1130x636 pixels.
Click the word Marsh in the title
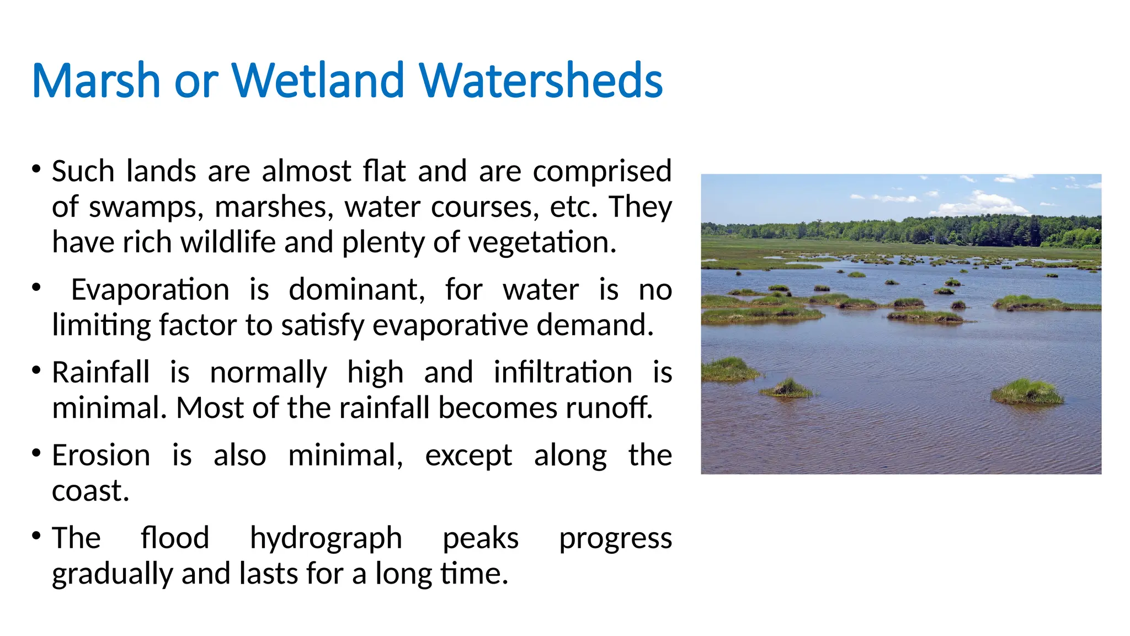[96, 81]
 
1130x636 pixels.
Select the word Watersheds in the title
[541, 81]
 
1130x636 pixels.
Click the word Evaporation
[150, 290]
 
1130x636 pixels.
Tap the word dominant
[356, 290]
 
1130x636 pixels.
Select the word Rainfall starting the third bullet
[100, 373]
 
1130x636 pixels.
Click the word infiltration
[563, 373]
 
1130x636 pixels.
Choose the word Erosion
[100, 456]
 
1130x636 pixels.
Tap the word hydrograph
[326, 539]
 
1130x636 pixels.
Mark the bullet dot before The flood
[36, 536]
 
